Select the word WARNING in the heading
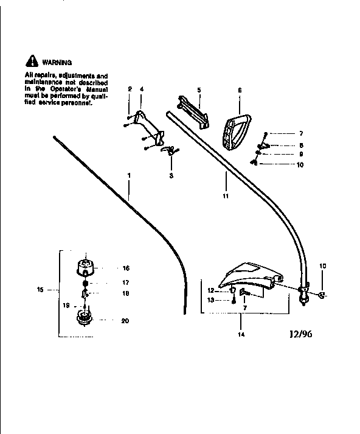tap(57, 62)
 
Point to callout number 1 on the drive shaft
tap(129, 175)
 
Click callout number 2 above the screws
tap(130, 90)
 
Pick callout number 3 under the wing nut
tap(171, 175)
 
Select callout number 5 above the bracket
tap(199, 90)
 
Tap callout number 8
tap(284, 145)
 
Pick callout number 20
tap(125, 321)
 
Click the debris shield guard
tap(246, 276)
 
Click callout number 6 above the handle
tap(240, 90)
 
